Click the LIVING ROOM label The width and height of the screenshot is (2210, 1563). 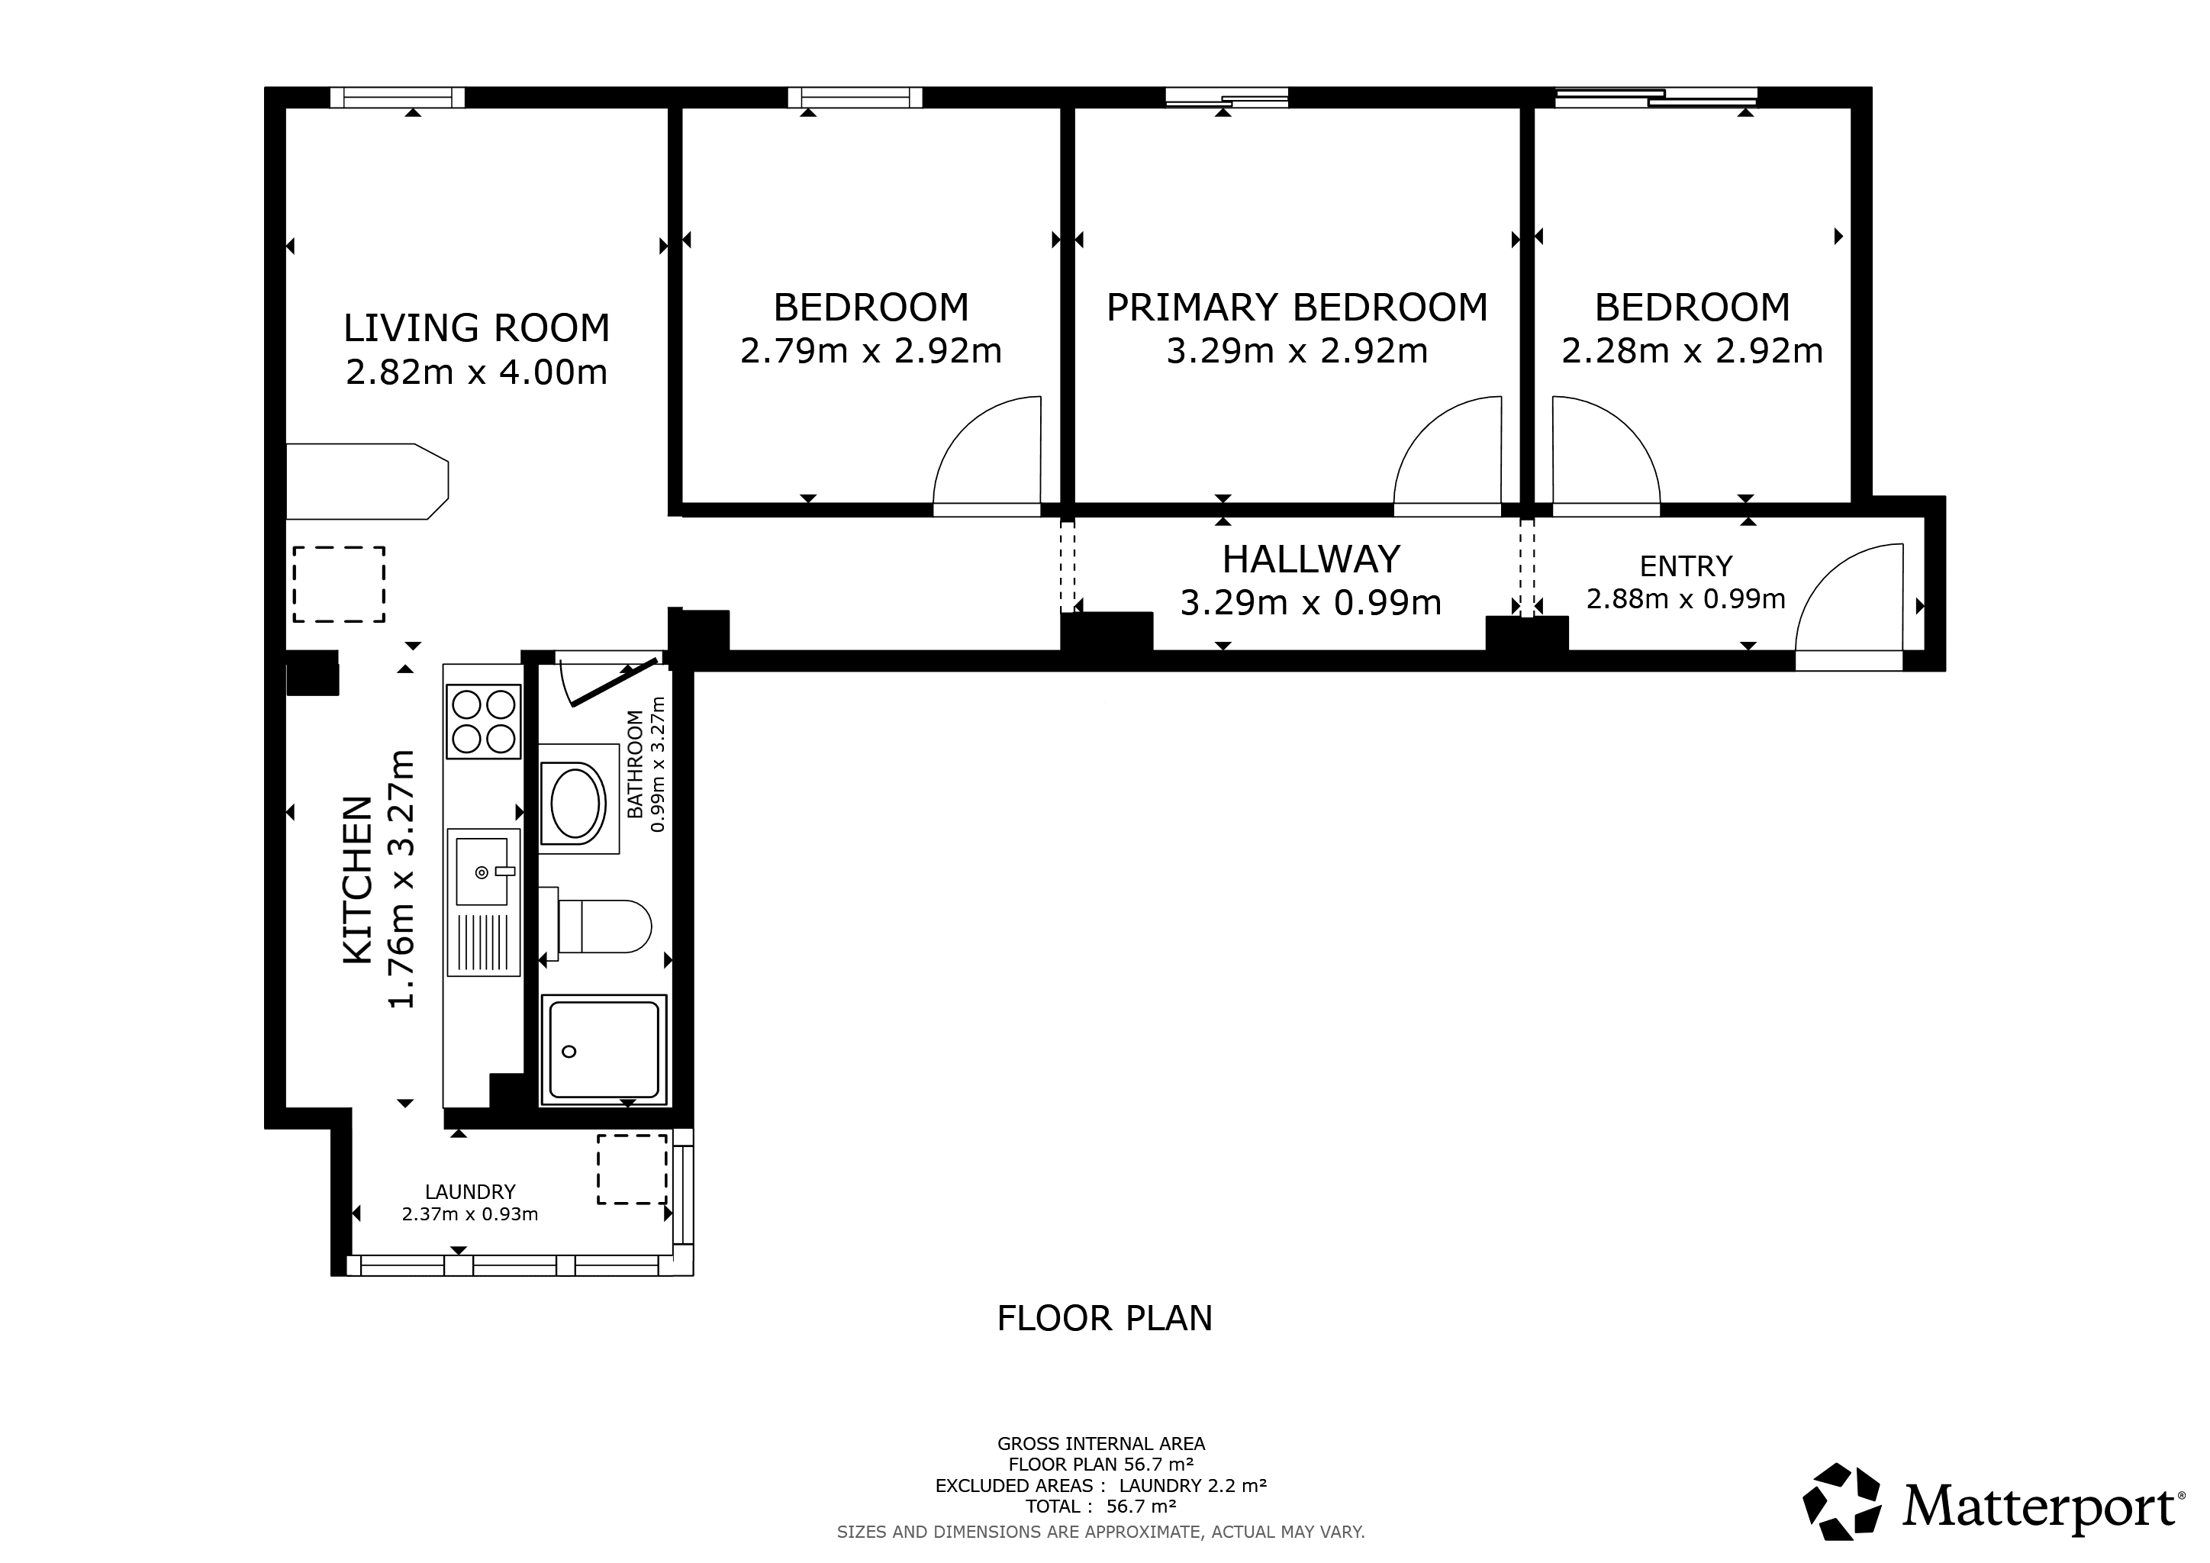[476, 328]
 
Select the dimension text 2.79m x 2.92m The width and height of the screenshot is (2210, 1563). [871, 351]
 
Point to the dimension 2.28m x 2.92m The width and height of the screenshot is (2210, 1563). [1692, 351]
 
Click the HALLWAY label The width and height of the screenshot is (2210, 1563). [1311, 559]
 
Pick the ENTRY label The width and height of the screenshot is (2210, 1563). [1686, 566]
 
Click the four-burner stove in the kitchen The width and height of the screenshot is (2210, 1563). [484, 722]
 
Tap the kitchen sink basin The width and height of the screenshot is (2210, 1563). [482, 871]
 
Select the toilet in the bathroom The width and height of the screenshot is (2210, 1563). [597, 926]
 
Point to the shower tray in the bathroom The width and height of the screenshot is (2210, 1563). [604, 1050]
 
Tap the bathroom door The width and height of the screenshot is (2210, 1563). [612, 682]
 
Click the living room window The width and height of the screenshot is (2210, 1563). [398, 97]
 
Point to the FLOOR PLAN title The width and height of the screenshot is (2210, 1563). [1105, 1317]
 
